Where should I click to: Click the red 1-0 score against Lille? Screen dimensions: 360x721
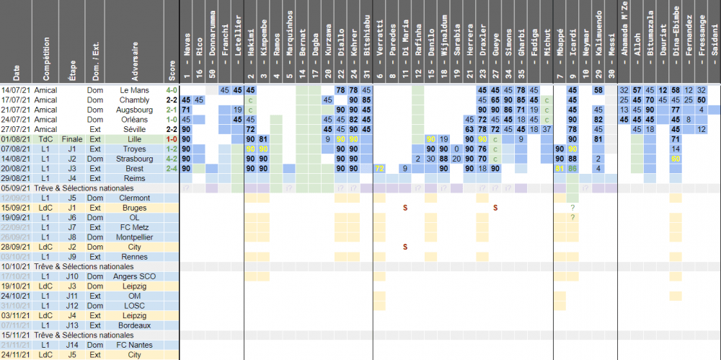click(171, 139)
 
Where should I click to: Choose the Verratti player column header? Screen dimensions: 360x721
click(379, 54)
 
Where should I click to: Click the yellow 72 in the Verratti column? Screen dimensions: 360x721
click(379, 168)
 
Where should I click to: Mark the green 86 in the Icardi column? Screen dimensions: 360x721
click(572, 168)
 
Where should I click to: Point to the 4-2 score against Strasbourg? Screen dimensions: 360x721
click(171, 158)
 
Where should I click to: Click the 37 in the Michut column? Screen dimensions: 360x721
click(546, 128)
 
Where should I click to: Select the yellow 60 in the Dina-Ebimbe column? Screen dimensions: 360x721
click(676, 158)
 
